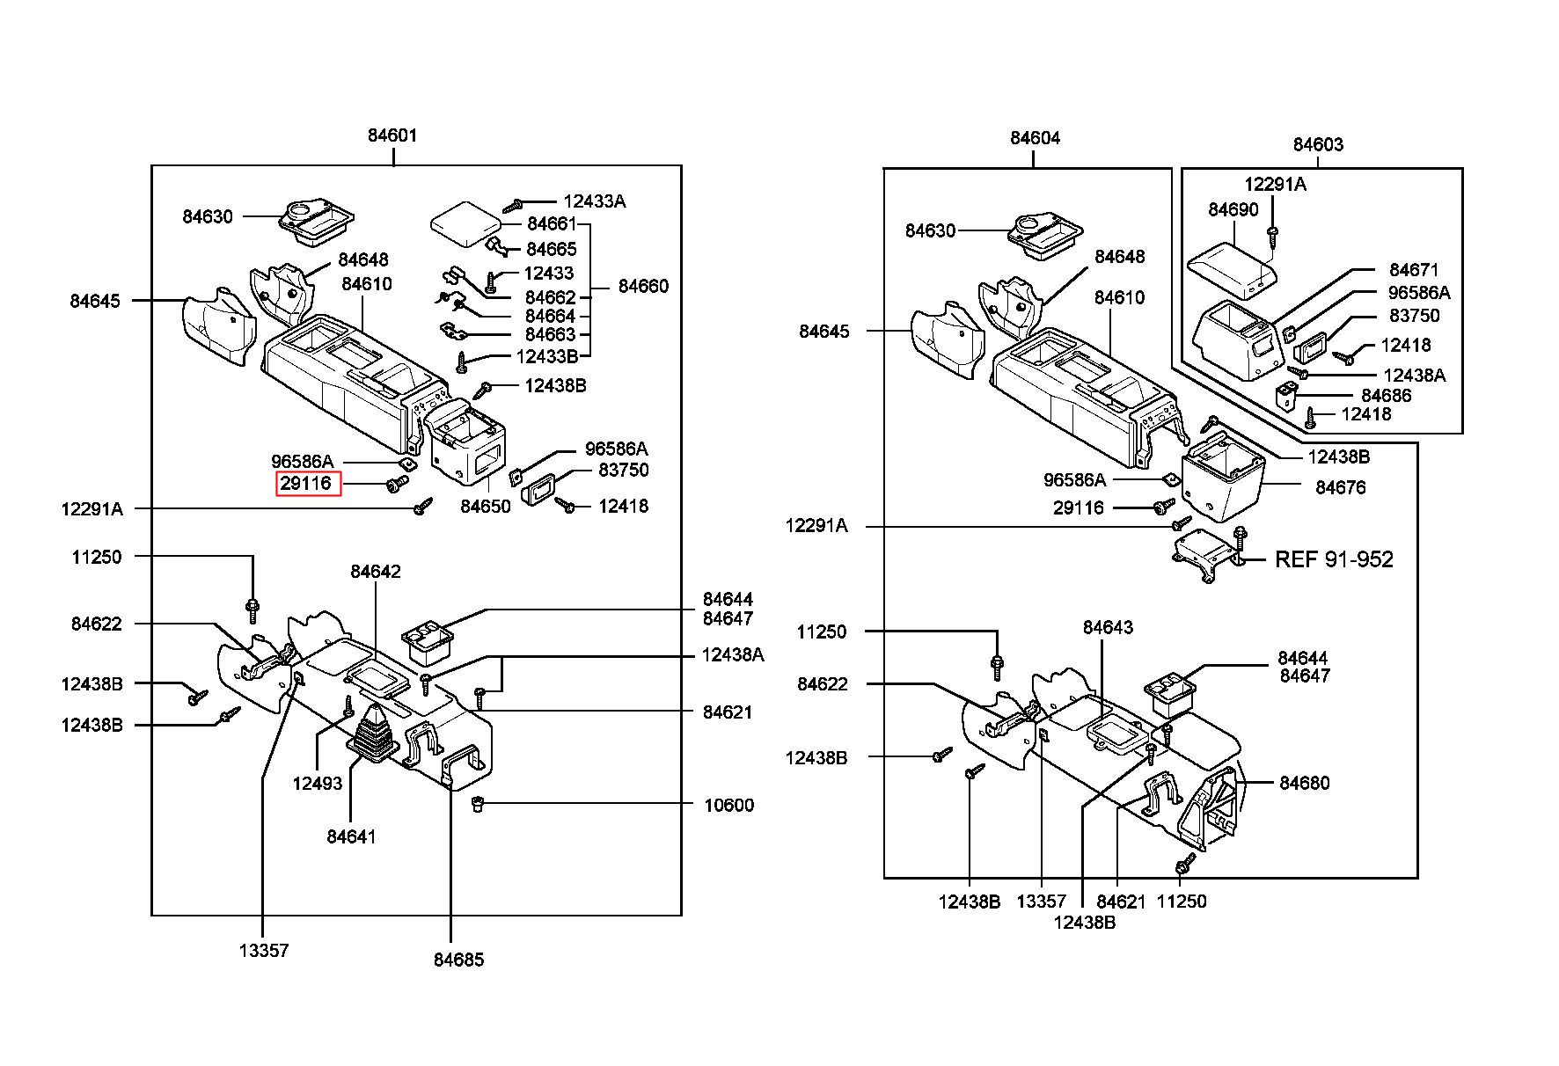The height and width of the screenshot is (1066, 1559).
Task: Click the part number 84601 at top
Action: coord(392,135)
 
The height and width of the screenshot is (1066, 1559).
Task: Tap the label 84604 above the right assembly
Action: coord(1035,138)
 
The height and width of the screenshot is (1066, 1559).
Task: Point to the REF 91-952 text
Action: coord(1334,559)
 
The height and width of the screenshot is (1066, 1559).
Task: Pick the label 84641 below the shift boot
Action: coord(351,836)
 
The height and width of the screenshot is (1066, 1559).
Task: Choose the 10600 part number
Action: coord(728,806)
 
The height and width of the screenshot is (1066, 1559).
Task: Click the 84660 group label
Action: coord(643,286)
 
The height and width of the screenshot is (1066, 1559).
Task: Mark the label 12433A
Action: coord(595,201)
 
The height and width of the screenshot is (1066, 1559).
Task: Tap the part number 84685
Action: coord(458,960)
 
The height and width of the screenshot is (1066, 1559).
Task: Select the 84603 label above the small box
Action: coord(1318,145)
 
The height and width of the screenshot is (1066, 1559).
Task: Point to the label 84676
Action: coord(1340,487)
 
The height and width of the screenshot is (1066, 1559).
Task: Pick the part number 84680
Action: coord(1304,783)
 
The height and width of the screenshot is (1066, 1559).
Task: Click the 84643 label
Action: coord(1108,627)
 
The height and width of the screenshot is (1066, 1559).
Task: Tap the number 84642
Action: coord(376,572)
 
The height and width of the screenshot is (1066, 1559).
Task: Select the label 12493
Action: coord(318,783)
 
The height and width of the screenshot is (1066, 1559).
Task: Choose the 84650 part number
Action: coord(486,507)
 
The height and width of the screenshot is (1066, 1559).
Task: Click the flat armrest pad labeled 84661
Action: coord(465,220)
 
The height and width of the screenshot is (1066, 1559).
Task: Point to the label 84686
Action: coord(1386,396)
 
